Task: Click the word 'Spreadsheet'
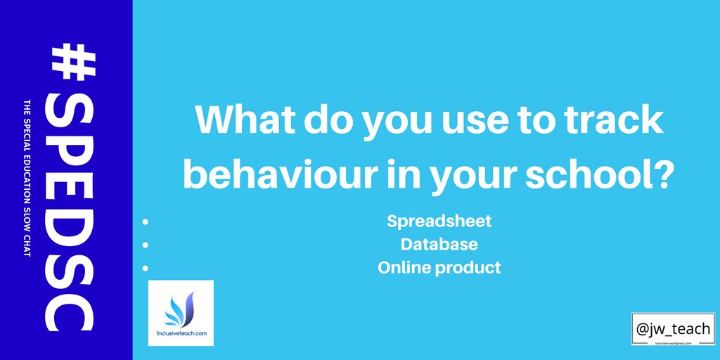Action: click(439, 221)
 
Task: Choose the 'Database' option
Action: click(439, 244)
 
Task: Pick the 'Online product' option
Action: click(439, 267)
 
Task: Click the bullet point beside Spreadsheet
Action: click(146, 221)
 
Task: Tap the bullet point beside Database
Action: click(146, 245)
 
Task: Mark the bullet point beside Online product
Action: click(146, 268)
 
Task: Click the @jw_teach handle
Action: click(673, 327)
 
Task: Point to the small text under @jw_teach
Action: click(673, 342)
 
